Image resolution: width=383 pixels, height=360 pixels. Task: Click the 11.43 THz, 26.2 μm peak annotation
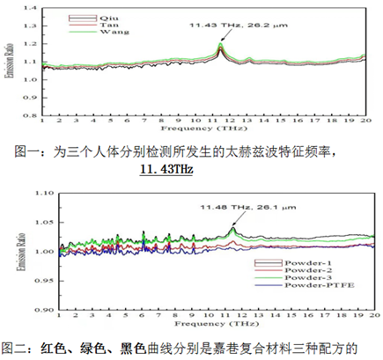pos(262,27)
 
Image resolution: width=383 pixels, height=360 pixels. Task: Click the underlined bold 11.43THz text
pos(166,167)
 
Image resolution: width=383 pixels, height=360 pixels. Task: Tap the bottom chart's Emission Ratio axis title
pos(11,251)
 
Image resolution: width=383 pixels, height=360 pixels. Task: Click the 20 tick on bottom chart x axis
pos(373,319)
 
